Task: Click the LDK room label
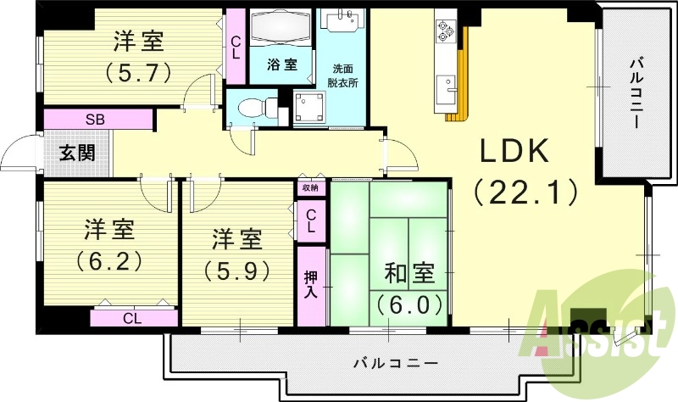tap(516, 153)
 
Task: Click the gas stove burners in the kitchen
tap(446, 32)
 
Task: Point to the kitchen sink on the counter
tap(445, 87)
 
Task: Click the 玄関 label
tap(76, 154)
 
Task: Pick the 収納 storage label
tap(311, 188)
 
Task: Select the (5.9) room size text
tap(236, 271)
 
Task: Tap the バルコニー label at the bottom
tap(395, 363)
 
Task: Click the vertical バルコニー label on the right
tap(635, 93)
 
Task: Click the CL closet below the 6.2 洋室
tap(131, 319)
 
